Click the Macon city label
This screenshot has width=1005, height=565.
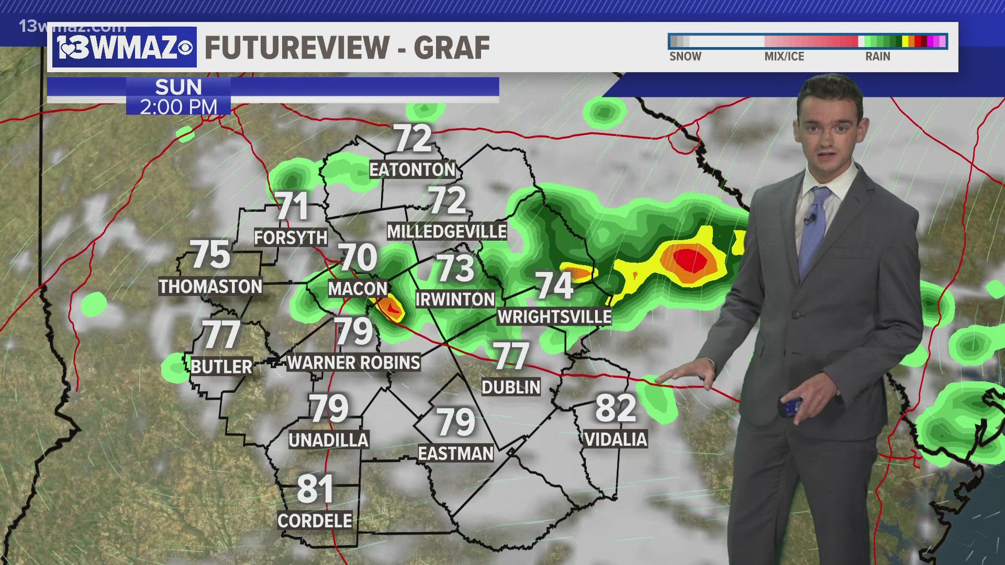(358, 288)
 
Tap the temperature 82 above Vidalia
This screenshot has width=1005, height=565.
(616, 408)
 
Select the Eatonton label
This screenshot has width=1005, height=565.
(412, 169)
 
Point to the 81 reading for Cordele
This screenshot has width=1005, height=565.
(315, 489)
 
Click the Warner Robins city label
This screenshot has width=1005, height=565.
(354, 363)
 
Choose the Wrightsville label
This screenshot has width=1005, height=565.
(554, 317)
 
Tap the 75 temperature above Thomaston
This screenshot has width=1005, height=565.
(210, 255)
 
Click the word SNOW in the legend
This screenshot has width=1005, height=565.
(685, 56)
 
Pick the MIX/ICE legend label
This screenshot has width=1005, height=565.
(784, 56)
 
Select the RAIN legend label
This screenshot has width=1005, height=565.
(877, 56)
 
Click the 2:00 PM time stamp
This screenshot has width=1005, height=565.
(178, 107)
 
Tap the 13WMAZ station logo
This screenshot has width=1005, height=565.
(125, 48)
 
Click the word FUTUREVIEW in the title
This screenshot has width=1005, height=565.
(296, 48)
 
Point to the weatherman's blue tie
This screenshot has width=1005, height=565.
(814, 225)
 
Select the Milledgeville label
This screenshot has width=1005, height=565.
(446, 231)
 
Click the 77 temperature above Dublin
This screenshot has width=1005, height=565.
(511, 356)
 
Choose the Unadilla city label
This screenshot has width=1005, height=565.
(329, 440)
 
